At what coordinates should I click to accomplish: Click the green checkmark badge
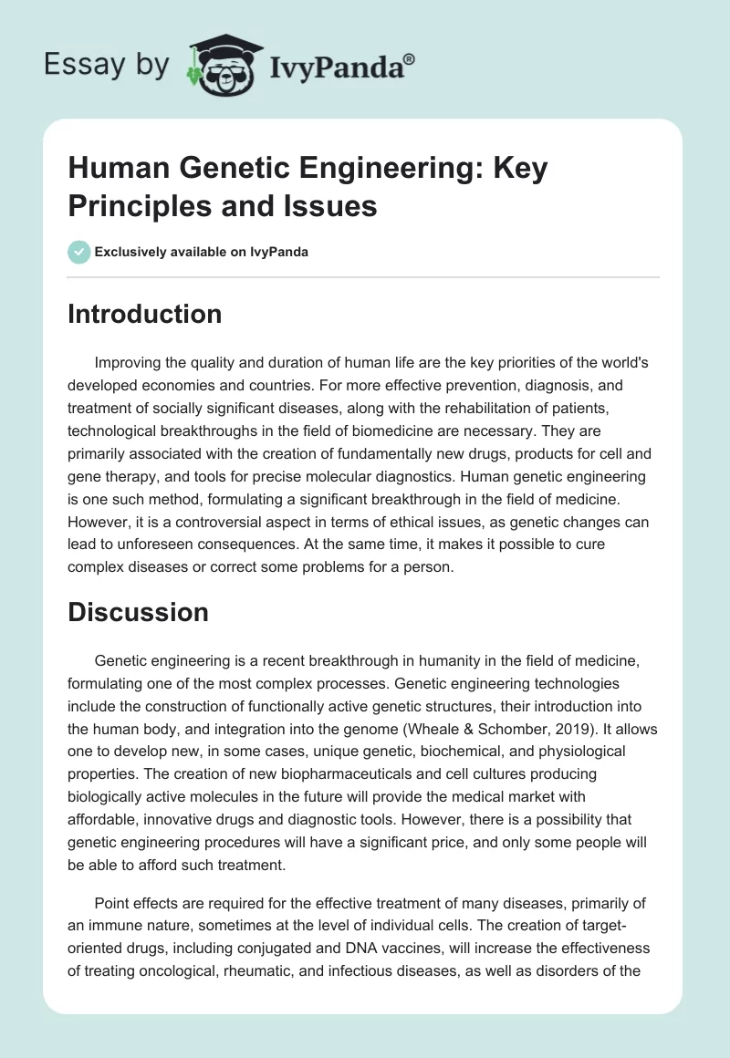pos(79,252)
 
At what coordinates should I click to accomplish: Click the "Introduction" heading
pos(145,314)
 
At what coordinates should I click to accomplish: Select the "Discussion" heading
pos(138,612)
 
